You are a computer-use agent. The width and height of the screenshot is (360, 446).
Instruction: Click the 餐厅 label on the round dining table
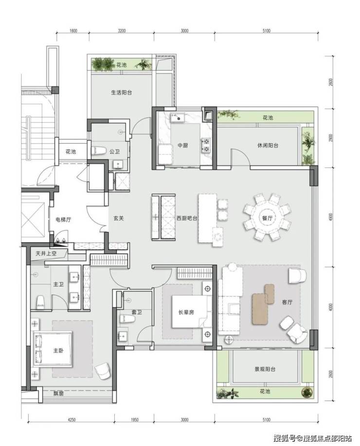click(268, 218)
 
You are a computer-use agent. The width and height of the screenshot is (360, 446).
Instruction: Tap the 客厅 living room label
click(287, 302)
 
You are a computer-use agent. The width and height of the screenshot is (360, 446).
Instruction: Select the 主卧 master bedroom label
click(58, 351)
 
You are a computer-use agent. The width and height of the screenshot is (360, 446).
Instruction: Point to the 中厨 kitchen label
click(183, 146)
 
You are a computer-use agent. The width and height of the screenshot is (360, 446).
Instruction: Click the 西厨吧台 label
click(187, 218)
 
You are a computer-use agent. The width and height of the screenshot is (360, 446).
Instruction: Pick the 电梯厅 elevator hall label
click(63, 219)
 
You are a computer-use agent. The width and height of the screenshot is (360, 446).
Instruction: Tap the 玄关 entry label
click(119, 218)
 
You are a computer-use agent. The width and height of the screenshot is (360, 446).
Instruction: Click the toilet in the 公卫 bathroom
click(98, 151)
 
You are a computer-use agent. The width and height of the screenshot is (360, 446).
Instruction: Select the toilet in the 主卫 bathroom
click(41, 302)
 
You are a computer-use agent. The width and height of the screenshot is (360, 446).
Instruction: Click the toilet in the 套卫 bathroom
click(127, 319)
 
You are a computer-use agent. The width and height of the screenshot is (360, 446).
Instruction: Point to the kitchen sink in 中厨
click(178, 117)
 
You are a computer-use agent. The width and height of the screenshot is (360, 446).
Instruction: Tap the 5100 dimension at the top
click(267, 31)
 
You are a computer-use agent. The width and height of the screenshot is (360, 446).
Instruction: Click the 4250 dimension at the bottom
click(72, 419)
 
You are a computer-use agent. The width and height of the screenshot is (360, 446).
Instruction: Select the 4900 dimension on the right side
click(330, 218)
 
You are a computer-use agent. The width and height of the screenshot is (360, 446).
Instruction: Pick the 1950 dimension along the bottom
click(134, 419)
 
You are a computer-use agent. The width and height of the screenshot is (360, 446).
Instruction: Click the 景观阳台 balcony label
click(265, 369)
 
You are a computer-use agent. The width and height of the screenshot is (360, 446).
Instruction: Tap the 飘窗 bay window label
click(58, 394)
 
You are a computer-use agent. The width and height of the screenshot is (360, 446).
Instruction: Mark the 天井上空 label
click(46, 253)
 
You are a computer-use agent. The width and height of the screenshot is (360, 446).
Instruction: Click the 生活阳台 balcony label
click(121, 93)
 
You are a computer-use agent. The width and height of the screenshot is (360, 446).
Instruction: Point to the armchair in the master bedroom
click(102, 371)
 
